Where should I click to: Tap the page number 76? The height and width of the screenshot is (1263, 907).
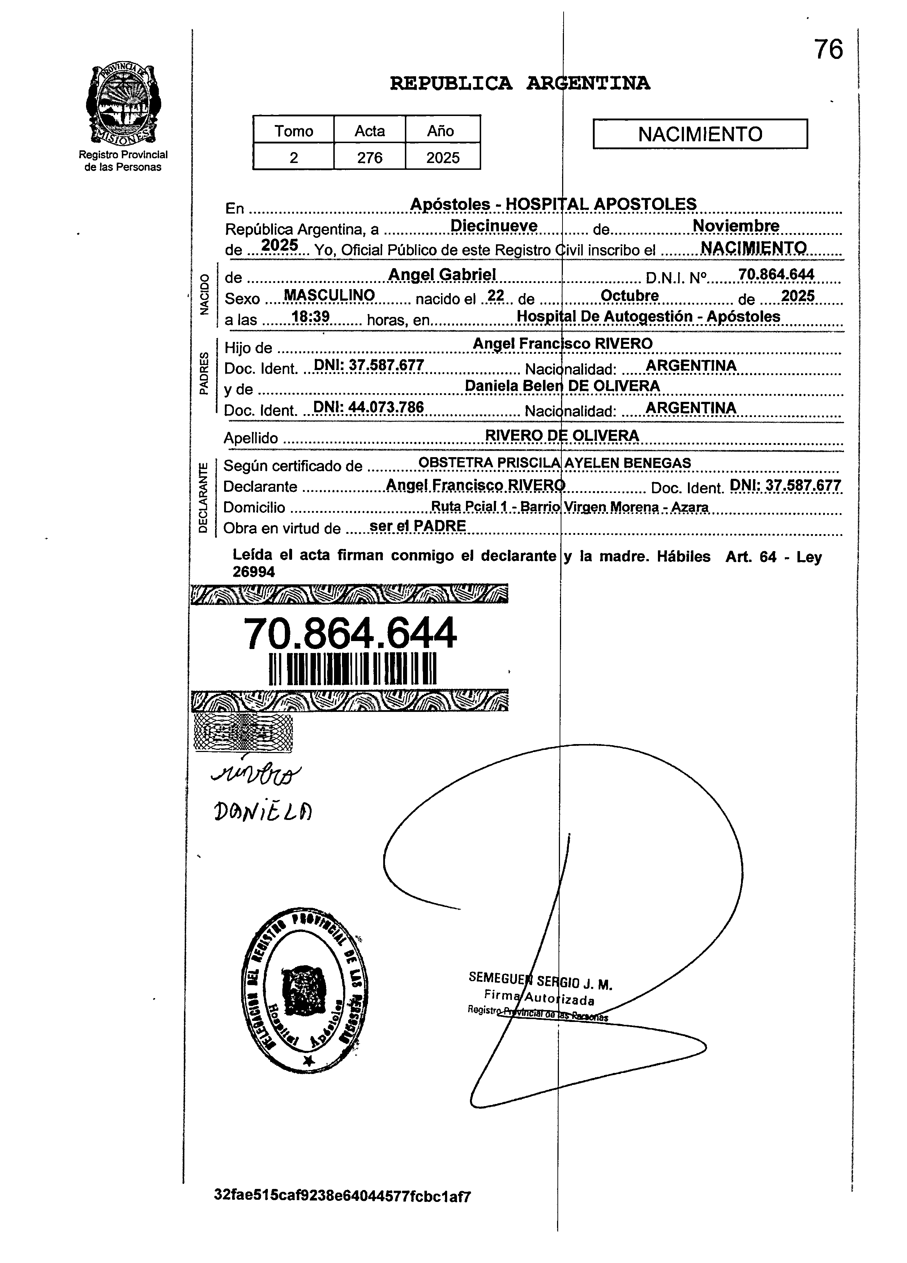(x=829, y=50)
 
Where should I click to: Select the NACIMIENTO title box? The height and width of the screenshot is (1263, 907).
(x=700, y=134)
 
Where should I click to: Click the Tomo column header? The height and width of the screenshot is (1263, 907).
(x=294, y=131)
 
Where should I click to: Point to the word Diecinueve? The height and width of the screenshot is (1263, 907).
(x=493, y=226)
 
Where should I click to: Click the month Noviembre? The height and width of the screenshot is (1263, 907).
(x=735, y=226)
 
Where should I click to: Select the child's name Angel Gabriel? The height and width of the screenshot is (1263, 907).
(x=442, y=275)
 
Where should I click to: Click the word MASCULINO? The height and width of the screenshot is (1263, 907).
(x=329, y=295)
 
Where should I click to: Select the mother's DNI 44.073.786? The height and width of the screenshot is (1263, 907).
(x=368, y=408)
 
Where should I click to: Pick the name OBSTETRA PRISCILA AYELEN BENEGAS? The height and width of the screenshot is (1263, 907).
(x=554, y=463)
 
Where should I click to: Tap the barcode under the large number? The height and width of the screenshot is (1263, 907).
(x=353, y=669)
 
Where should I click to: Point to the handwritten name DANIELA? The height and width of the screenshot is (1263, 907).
(x=263, y=813)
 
